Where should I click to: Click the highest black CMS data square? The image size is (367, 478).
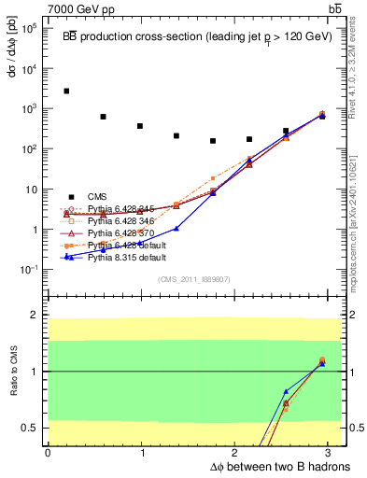pos(66,91)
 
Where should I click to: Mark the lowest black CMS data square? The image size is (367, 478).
pos(213,141)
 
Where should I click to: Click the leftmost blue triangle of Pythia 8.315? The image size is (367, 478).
pos(66,257)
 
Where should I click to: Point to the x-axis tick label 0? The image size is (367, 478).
pos(48,452)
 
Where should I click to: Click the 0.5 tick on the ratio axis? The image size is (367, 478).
pos(32,428)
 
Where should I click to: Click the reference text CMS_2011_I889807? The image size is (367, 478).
pos(191,279)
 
